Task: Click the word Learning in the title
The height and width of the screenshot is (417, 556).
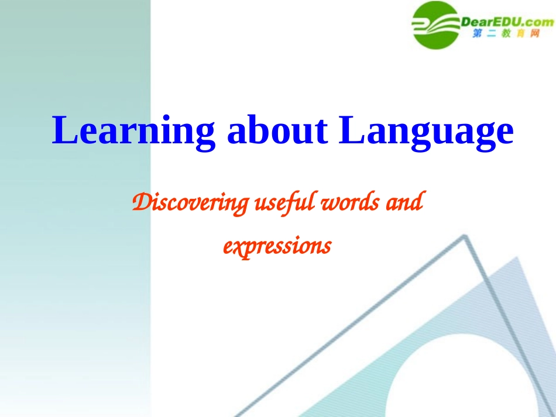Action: pos(133,132)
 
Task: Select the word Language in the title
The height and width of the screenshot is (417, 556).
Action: pos(427,132)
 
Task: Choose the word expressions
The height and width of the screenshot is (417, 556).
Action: pos(277,246)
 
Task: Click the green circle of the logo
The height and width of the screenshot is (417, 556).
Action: pos(436,25)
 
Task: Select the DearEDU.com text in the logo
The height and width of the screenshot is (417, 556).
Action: pos(507,22)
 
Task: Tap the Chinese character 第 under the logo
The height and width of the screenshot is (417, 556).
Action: pos(476,36)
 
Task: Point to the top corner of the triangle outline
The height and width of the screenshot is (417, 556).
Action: pos(465,237)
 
